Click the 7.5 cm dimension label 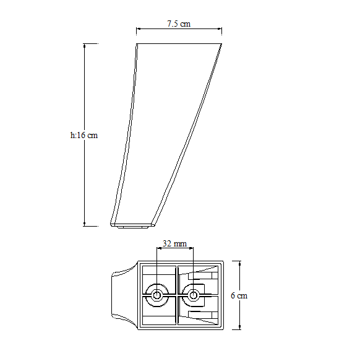[179, 24]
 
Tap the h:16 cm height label [84, 135]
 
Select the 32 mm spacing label [174, 243]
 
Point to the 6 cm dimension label [239, 295]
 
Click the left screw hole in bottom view [156, 295]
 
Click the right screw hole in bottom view [193, 295]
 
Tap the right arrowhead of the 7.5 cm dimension [220, 28]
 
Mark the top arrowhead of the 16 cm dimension [84, 46]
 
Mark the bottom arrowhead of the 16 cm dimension [84, 224]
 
